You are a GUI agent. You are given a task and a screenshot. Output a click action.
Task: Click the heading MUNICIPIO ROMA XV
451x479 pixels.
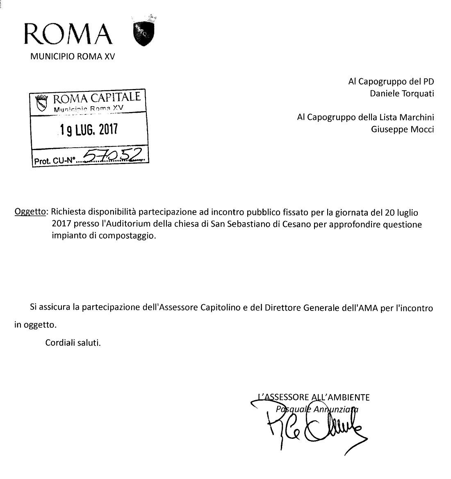point(73,57)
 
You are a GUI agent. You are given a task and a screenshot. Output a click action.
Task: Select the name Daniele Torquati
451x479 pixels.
point(402,94)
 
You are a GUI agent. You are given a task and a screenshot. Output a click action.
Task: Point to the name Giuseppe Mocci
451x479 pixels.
point(403,129)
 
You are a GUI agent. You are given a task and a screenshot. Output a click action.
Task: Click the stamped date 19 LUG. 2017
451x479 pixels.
point(89,130)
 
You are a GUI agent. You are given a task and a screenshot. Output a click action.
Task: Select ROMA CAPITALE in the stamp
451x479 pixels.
point(97,98)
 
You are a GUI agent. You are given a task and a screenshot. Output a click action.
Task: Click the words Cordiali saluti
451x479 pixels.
point(73,342)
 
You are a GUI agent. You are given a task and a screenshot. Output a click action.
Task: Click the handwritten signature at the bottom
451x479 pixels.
point(312,429)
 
